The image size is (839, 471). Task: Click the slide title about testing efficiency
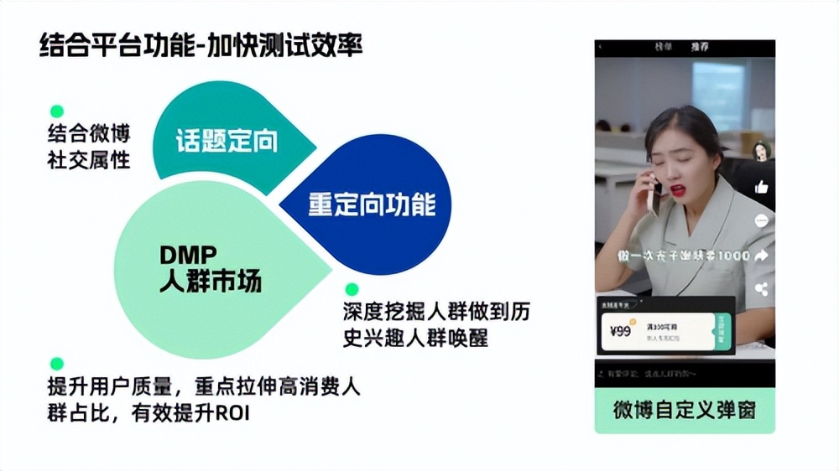[201, 46]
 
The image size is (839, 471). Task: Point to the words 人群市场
[211, 281]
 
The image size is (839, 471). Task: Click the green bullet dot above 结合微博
[57, 111]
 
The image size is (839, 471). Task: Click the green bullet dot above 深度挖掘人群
[352, 289]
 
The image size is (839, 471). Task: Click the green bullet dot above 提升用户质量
[57, 364]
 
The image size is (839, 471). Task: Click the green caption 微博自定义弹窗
[685, 410]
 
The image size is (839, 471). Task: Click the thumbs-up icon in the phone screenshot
[762, 187]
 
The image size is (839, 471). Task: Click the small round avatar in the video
[762, 151]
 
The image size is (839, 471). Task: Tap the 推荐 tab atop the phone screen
[699, 48]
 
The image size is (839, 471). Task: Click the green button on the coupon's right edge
[722, 329]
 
